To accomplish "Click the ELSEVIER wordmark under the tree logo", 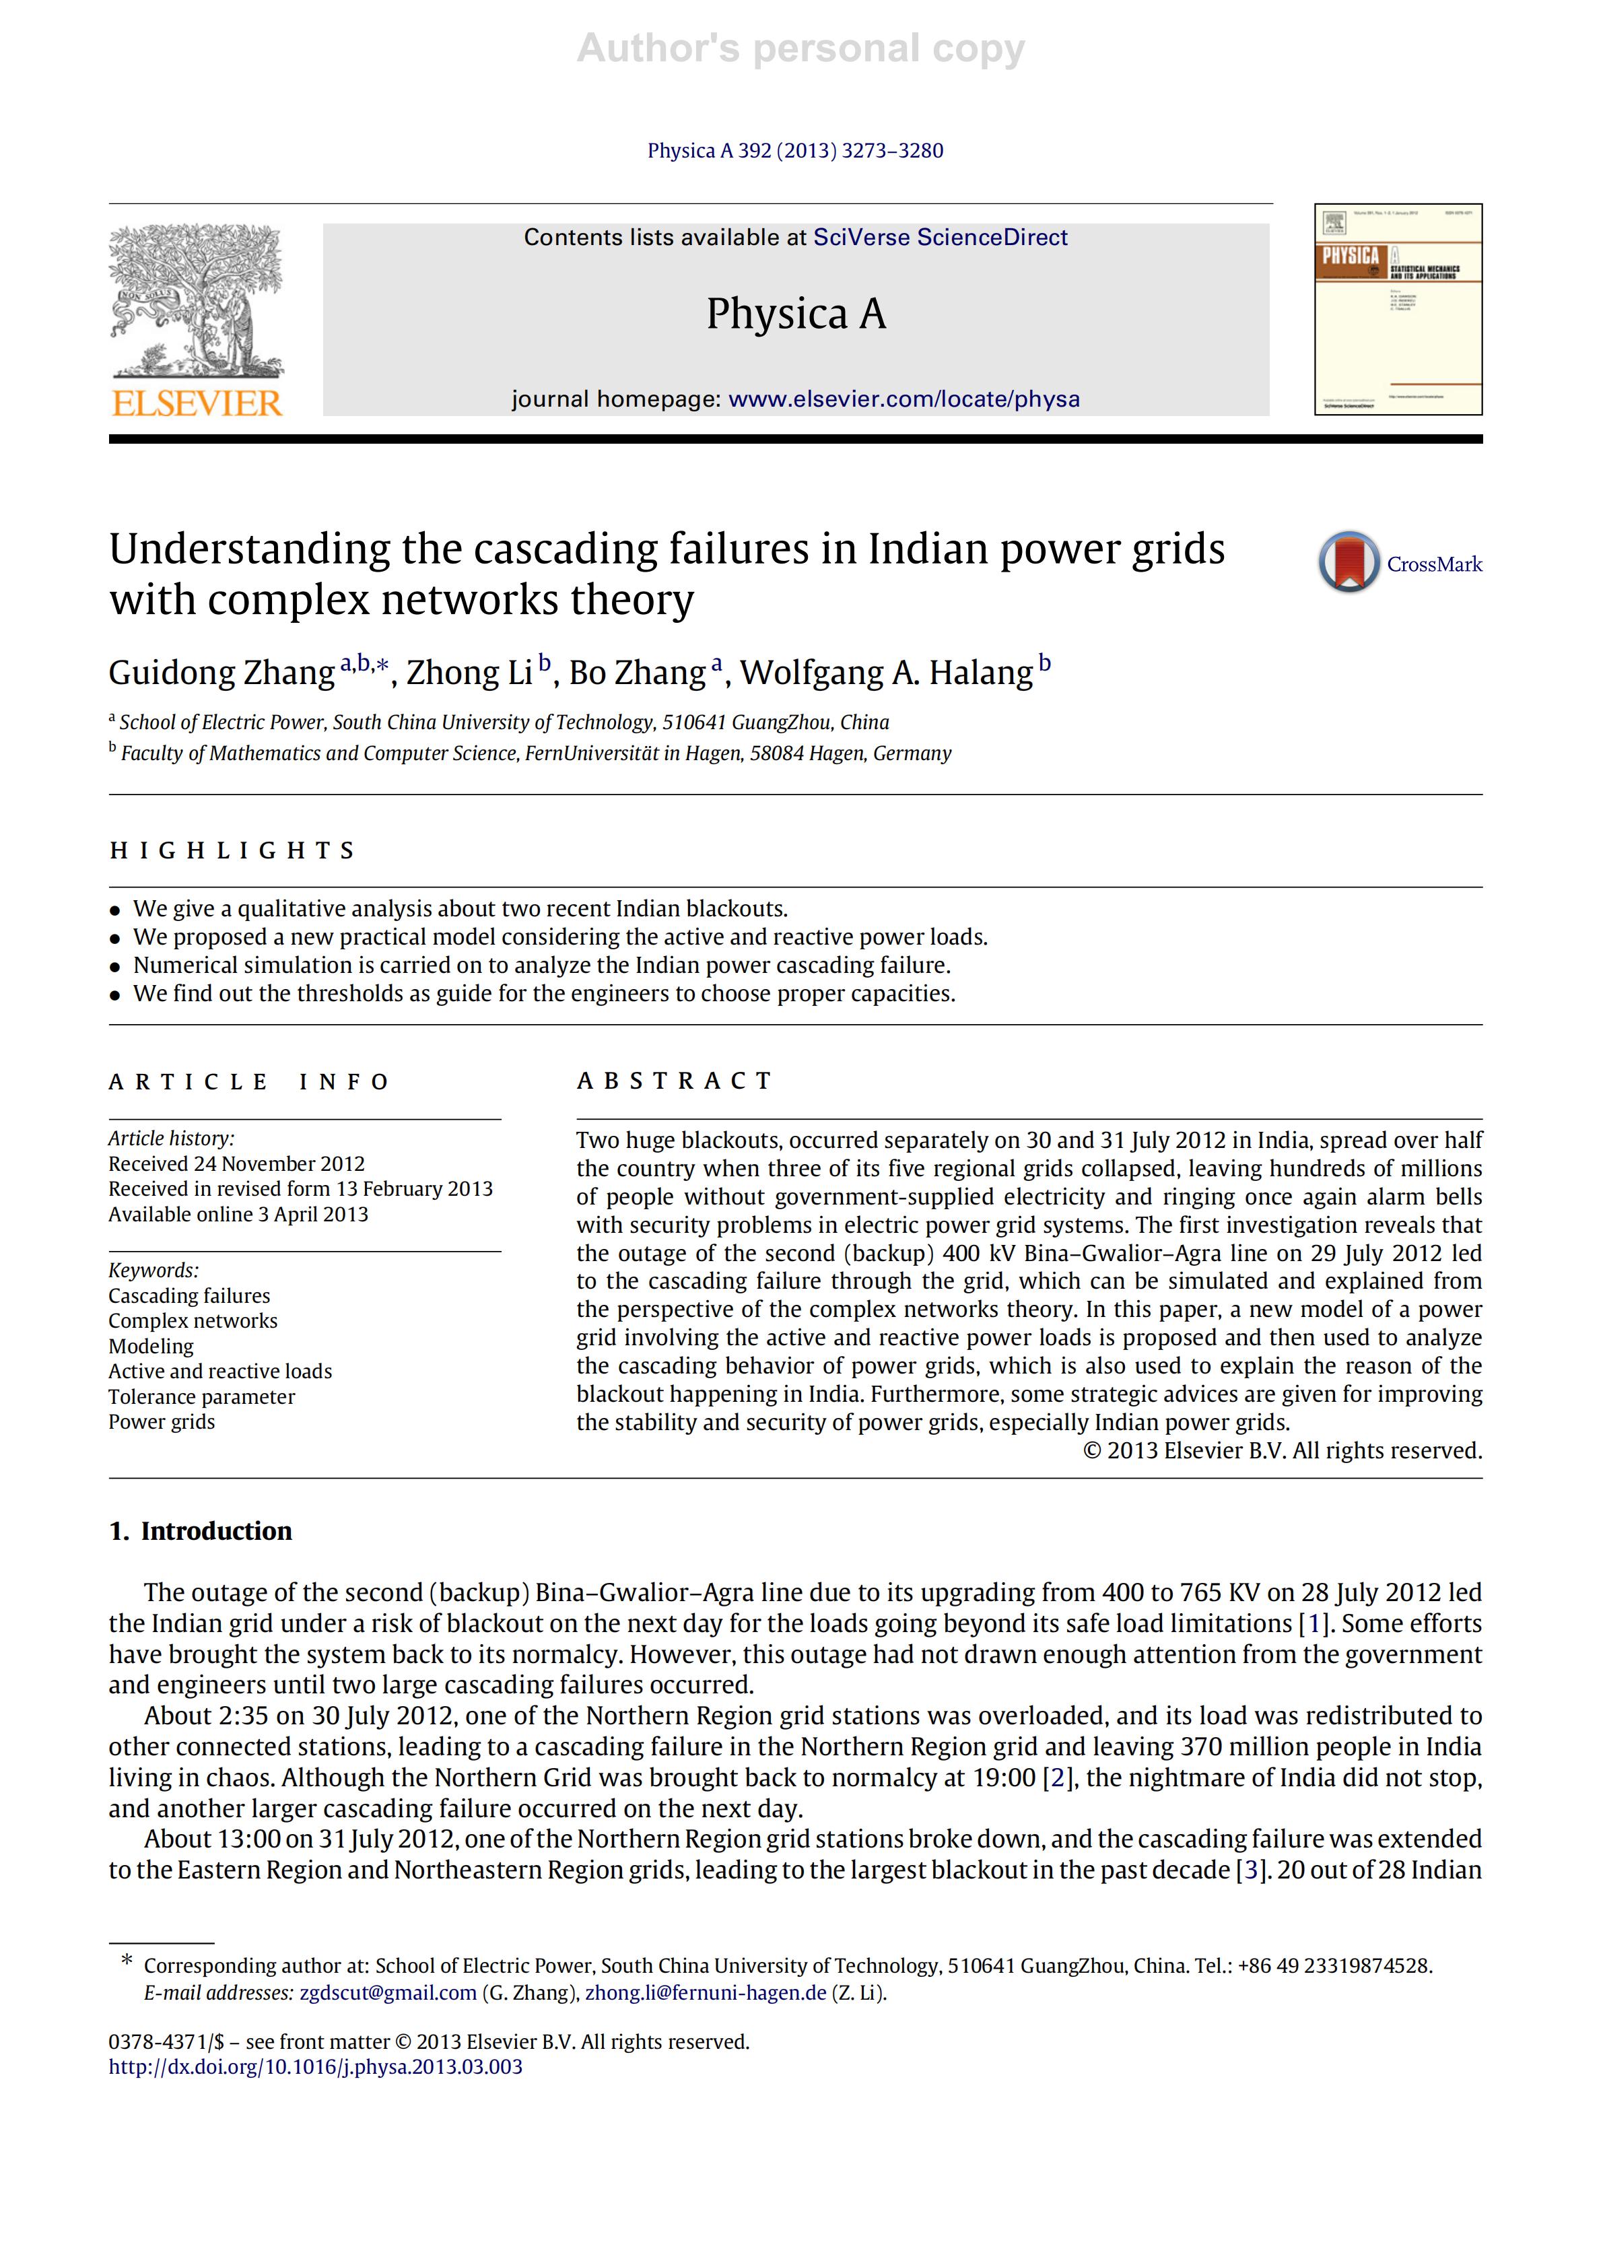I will click(x=197, y=403).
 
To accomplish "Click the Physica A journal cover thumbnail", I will click(x=1398, y=309).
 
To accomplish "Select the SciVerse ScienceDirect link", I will click(x=940, y=237).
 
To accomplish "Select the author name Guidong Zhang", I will click(x=222, y=673).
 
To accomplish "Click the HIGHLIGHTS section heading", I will click(x=232, y=850).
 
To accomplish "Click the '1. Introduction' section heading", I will click(x=201, y=1530).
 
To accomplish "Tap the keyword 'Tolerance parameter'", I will click(x=201, y=1396).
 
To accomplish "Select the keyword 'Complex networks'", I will click(x=193, y=1320).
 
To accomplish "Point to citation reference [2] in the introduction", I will click(x=1057, y=1778).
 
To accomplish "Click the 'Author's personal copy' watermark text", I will click(x=800, y=47).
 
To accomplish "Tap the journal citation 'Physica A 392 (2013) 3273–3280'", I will click(x=794, y=150).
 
